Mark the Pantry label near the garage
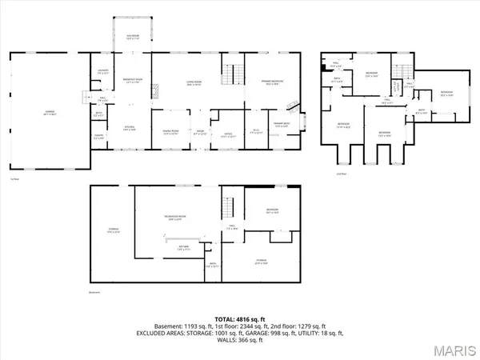click(98, 138)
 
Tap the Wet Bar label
click(183, 247)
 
